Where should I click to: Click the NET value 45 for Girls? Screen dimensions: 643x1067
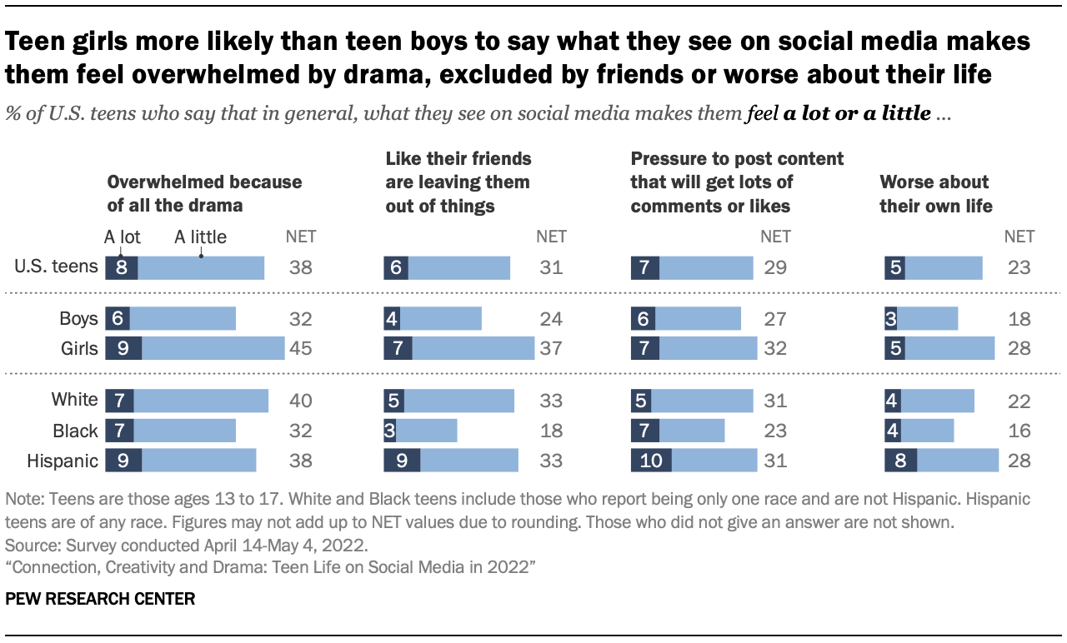(x=300, y=348)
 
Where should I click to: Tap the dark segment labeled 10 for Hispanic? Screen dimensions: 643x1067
(x=651, y=461)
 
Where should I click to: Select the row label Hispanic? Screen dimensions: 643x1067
(x=63, y=461)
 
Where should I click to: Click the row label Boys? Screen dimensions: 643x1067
(x=78, y=318)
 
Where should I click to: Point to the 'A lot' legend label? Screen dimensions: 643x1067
(x=122, y=237)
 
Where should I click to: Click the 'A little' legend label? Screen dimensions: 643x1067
(x=200, y=237)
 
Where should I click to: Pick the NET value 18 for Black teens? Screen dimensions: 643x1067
(x=550, y=431)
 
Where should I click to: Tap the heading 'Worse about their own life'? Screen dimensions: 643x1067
(x=936, y=194)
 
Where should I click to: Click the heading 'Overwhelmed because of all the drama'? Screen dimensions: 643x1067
(x=204, y=194)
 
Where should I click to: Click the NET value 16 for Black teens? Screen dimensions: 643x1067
(x=1018, y=431)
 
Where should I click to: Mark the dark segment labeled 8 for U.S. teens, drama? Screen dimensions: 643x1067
(x=122, y=267)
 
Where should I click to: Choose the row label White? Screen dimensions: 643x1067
(x=74, y=401)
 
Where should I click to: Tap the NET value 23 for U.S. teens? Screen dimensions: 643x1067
(x=1018, y=267)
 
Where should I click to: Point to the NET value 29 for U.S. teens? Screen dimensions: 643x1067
(x=775, y=267)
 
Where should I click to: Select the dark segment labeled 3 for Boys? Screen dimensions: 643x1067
(x=891, y=318)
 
